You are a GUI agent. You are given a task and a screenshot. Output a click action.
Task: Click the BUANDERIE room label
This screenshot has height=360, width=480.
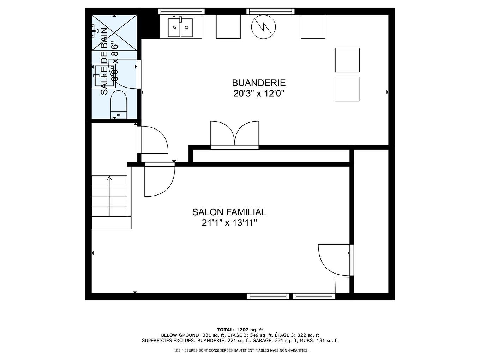pyautogui.click(x=258, y=83)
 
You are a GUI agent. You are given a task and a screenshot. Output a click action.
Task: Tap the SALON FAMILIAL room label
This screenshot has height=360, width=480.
pyautogui.click(x=229, y=212)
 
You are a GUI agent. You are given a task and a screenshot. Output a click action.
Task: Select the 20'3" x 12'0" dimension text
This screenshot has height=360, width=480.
pyautogui.click(x=258, y=94)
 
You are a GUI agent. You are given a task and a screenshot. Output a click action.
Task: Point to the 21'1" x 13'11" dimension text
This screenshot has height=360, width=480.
pyautogui.click(x=229, y=223)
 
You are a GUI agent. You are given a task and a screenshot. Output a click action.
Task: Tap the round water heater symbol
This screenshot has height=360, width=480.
pyautogui.click(x=263, y=27)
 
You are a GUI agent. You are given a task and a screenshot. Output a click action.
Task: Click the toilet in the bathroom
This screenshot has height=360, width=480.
pyautogui.click(x=118, y=104)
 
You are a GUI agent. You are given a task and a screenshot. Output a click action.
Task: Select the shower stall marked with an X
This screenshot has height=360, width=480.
pyautogui.click(x=114, y=32)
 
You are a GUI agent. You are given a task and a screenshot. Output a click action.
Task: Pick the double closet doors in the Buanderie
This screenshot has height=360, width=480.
pyautogui.click(x=235, y=134)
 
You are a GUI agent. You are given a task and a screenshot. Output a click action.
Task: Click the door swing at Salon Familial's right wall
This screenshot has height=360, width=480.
pyautogui.click(x=334, y=259)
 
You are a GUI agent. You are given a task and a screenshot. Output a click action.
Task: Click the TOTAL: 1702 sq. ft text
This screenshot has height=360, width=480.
pyautogui.click(x=240, y=330)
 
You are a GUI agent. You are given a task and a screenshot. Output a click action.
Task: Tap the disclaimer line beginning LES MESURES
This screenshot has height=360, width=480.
pyautogui.click(x=241, y=350)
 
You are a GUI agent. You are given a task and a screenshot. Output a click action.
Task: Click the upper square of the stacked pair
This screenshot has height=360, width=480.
pyautogui.click(x=347, y=60)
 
